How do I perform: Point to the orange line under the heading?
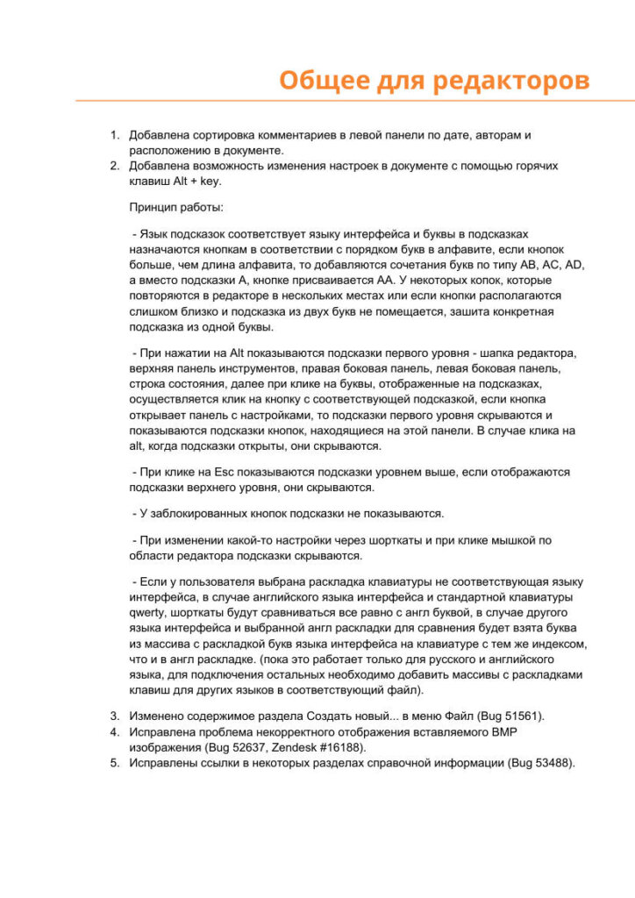[351, 101]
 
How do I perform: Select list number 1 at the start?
[113, 135]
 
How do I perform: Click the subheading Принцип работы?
[176, 209]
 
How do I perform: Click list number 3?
[113, 716]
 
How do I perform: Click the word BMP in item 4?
[529, 731]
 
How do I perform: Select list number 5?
[113, 762]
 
